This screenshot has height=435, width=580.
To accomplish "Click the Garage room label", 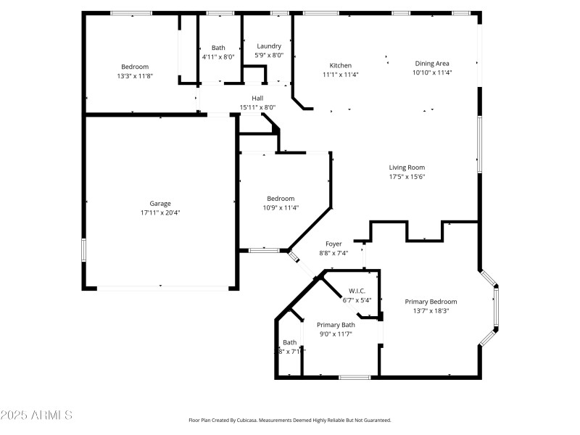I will click(160, 204).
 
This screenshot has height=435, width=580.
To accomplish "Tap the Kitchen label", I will click(341, 65).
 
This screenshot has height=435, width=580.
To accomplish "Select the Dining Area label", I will click(432, 63).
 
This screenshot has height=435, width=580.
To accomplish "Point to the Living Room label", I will click(407, 167).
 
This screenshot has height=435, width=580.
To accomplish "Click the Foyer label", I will click(333, 244).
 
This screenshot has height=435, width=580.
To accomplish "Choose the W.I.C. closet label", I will click(357, 291).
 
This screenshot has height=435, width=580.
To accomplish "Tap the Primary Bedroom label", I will click(431, 302).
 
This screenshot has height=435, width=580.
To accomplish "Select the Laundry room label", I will click(268, 46).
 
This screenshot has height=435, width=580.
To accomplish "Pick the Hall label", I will click(257, 99).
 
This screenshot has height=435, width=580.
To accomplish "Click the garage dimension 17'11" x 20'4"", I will click(160, 213).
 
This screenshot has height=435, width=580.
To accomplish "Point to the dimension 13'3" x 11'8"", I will click(134, 76).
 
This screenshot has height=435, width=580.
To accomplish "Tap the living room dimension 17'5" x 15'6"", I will click(407, 177).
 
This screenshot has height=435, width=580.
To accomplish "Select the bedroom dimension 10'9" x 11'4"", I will click(281, 208).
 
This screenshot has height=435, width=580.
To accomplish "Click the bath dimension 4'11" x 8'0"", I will click(218, 57).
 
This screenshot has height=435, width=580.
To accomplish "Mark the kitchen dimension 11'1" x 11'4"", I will click(341, 74).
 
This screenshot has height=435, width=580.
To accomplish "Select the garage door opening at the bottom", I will click(161, 288).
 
